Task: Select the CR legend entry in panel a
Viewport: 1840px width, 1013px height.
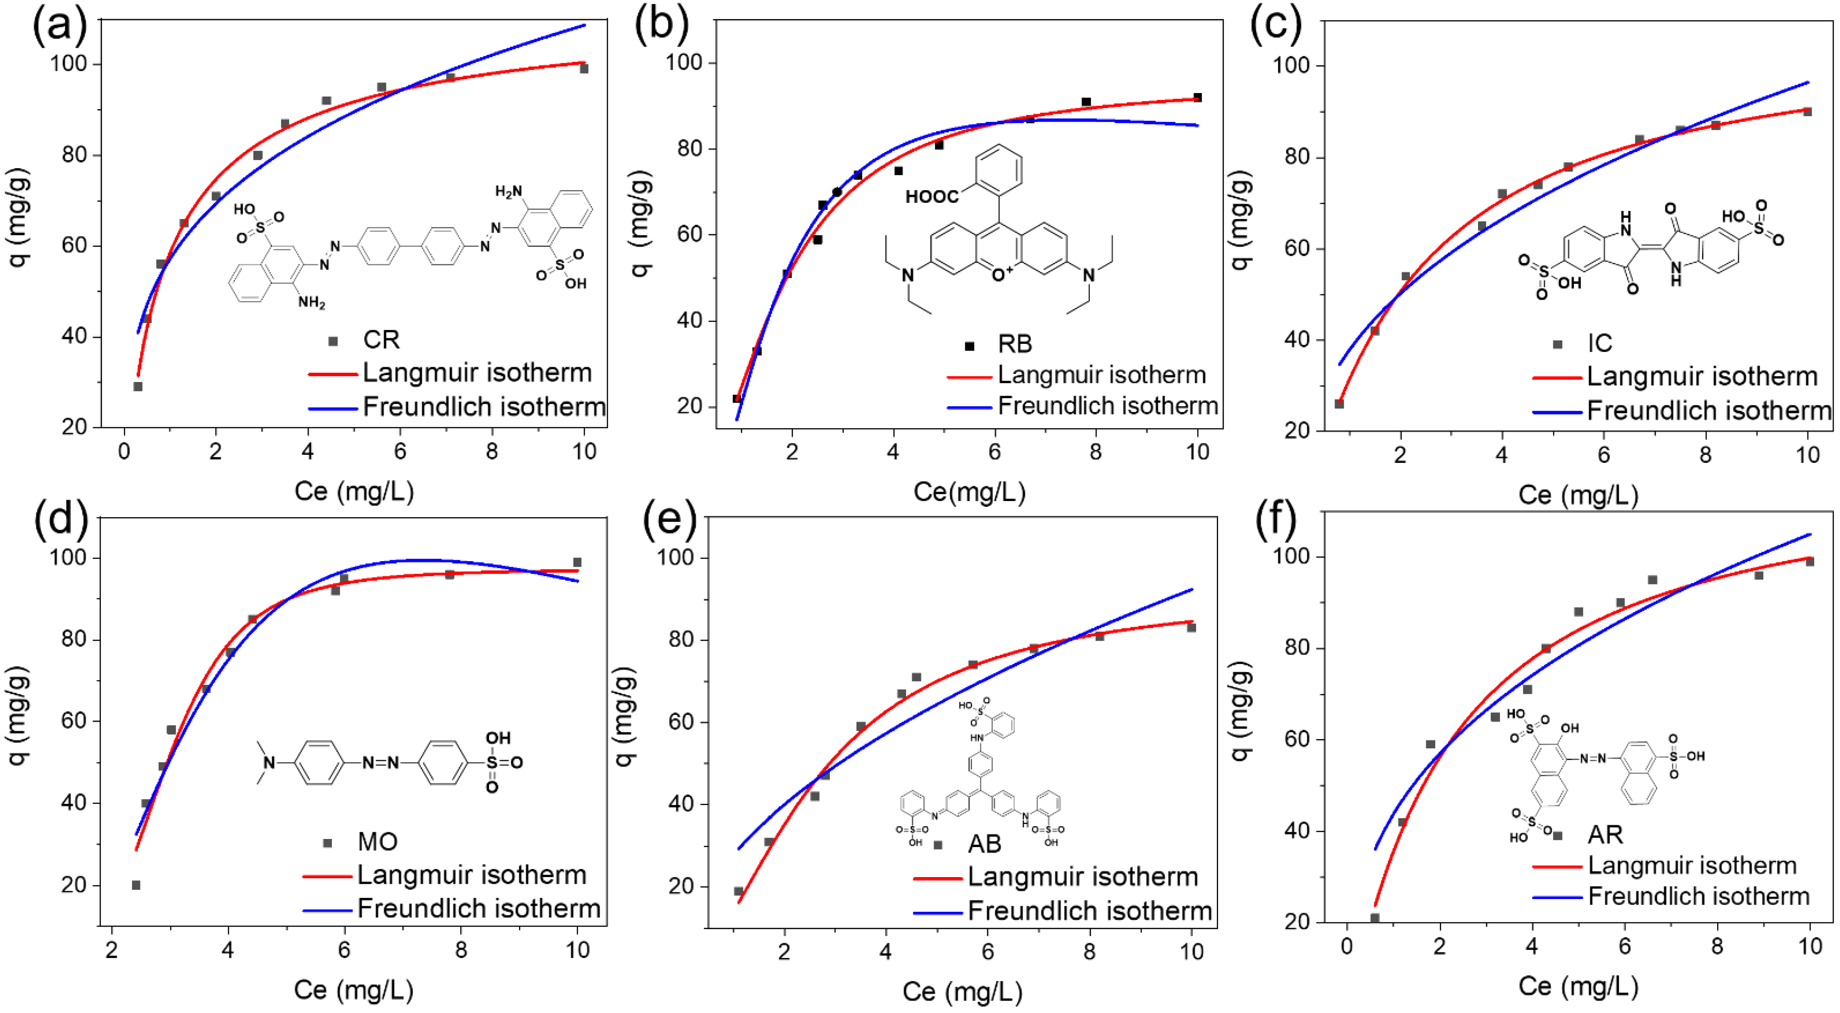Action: tap(381, 340)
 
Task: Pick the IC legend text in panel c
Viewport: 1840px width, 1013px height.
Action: tap(1600, 343)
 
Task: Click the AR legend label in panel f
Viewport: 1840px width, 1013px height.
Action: tap(1605, 834)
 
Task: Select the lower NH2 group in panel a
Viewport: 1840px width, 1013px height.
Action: tap(312, 303)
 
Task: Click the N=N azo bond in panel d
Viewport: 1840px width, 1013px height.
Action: tap(380, 763)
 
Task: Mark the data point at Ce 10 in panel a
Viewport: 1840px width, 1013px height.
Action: tap(583, 69)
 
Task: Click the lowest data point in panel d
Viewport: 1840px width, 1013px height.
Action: tap(136, 885)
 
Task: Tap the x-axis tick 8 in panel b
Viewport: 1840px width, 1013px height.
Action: tap(1095, 452)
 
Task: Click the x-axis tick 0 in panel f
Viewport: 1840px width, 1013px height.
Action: tap(1346, 947)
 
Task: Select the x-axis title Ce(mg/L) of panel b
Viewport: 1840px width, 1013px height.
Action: tap(969, 492)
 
